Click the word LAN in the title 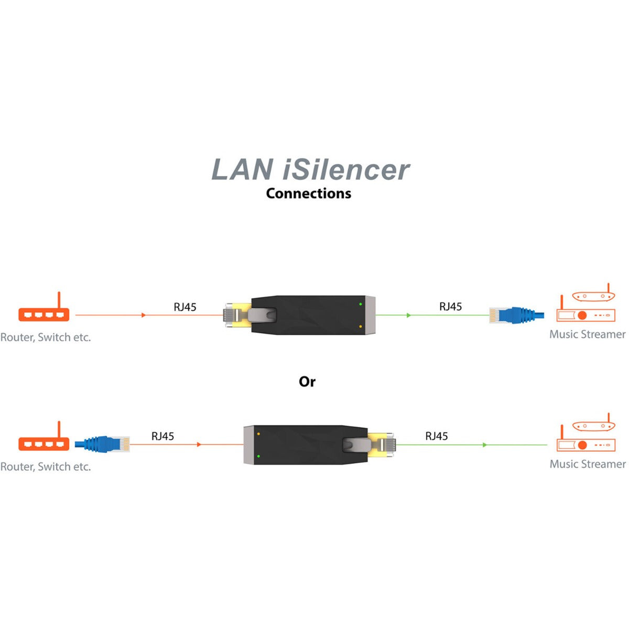(242, 170)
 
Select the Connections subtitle (308, 193)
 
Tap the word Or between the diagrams (307, 382)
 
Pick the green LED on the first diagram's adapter (361, 304)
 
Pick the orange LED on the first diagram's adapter (361, 327)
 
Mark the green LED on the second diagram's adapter (258, 457)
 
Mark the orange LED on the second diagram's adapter (258, 434)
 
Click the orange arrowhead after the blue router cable (199, 444)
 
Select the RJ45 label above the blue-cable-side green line (450, 307)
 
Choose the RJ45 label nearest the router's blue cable (162, 436)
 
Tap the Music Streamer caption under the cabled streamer (587, 334)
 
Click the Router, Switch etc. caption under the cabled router (46, 467)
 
